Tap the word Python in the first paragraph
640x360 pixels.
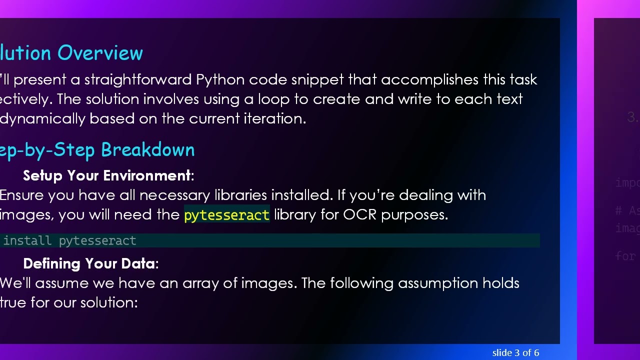[x=220, y=80]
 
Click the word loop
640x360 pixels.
[x=273, y=99]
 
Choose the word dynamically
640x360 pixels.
[x=42, y=118]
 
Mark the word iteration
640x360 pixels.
[x=274, y=118]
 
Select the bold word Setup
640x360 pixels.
[x=43, y=175]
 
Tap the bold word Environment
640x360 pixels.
[x=128, y=175]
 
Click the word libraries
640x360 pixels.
[x=240, y=195]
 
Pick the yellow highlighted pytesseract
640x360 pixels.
[x=226, y=215]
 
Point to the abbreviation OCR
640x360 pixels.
[x=359, y=214]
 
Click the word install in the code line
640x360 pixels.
[x=27, y=240]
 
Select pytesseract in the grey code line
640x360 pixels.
[x=97, y=240]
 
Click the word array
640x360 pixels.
[x=200, y=283]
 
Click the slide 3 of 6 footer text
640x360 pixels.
[x=515, y=353]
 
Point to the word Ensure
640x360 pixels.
[x=22, y=195]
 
